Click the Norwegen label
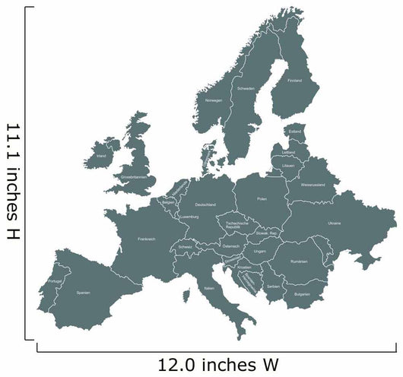pos(214,100)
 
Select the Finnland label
pos(294,80)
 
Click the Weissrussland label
pos(313,184)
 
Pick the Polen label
pos(262,198)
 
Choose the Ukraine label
pos(335,223)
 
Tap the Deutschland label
pos(205,204)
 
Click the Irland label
pos(101,156)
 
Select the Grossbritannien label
pos(134,176)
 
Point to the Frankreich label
pos(147,239)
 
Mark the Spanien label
pos(84,292)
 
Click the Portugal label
pos(54,282)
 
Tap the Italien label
pos(209,289)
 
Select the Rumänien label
pos(299,261)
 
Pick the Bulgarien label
pos(302,293)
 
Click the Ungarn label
pos(260,251)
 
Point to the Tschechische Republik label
pos(233,225)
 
